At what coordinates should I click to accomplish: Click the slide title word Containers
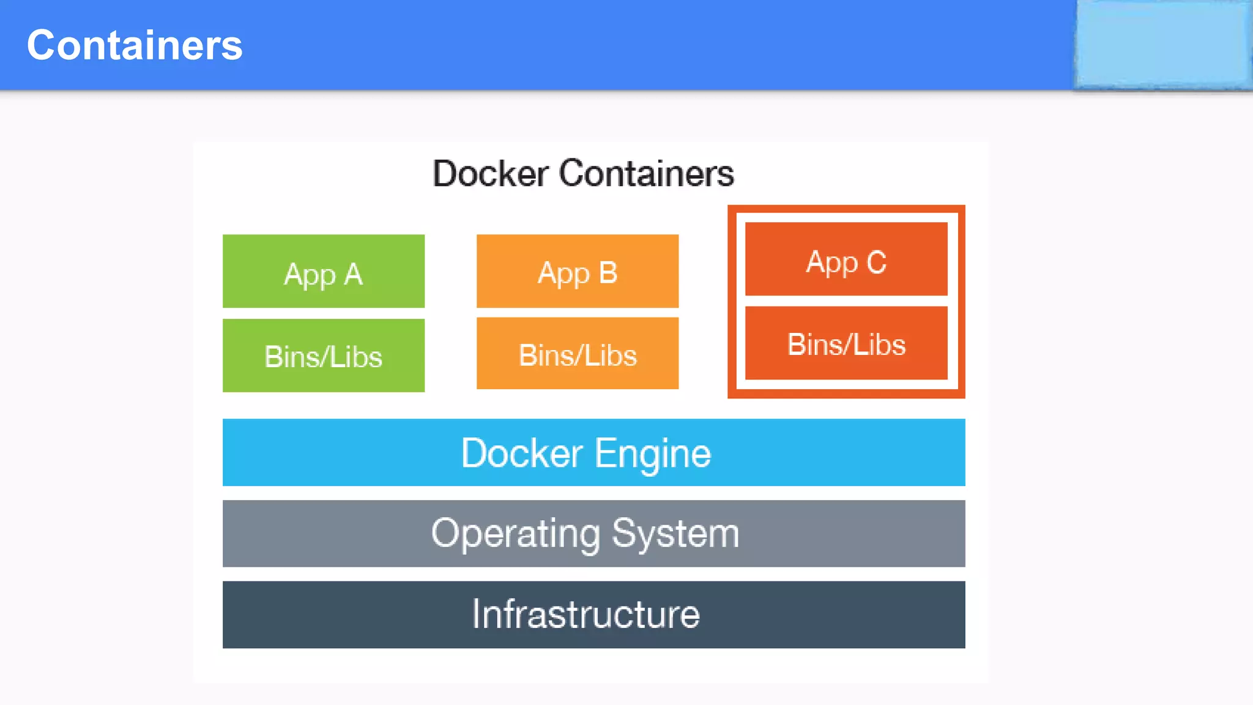click(135, 45)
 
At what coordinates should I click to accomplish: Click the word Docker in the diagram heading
click(490, 173)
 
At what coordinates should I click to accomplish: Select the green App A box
click(323, 271)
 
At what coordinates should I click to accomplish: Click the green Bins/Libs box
click(323, 356)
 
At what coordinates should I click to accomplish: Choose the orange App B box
click(577, 271)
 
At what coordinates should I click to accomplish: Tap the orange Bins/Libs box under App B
click(577, 354)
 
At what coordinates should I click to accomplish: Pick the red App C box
click(846, 259)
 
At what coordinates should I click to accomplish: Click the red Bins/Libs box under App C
click(846, 343)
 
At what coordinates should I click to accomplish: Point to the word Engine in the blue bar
click(653, 454)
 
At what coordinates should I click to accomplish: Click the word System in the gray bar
click(675, 534)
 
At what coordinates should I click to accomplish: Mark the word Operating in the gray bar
click(515, 534)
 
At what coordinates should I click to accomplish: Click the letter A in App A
click(353, 274)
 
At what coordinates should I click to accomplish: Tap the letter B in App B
click(608, 272)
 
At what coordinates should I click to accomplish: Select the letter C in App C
click(876, 263)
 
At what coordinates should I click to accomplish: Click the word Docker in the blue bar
click(522, 453)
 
